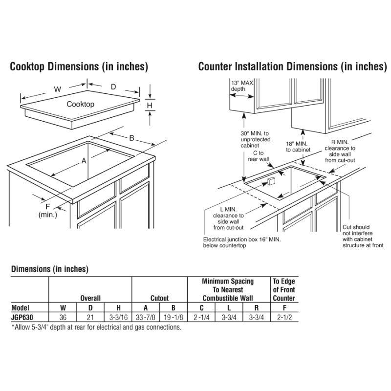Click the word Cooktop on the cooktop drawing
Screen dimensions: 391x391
pos(81,104)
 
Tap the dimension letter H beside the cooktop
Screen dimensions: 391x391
pos(150,105)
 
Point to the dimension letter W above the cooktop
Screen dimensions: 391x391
pos(57,89)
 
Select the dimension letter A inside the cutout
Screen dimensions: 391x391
pos(84,160)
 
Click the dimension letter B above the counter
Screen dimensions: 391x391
pos(131,138)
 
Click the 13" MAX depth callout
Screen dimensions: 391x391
pos(241,87)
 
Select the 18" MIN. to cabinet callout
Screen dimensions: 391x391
pos(297,147)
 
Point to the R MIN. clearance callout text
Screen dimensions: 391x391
pos(340,151)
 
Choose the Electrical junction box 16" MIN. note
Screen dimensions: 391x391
pos(238,242)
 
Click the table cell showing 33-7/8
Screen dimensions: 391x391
pos(146,318)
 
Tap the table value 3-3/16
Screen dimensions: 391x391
pos(118,318)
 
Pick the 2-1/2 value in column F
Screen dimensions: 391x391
pos(284,318)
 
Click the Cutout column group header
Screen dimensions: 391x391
pos(159,298)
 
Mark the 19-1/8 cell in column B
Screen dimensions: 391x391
pos(174,318)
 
